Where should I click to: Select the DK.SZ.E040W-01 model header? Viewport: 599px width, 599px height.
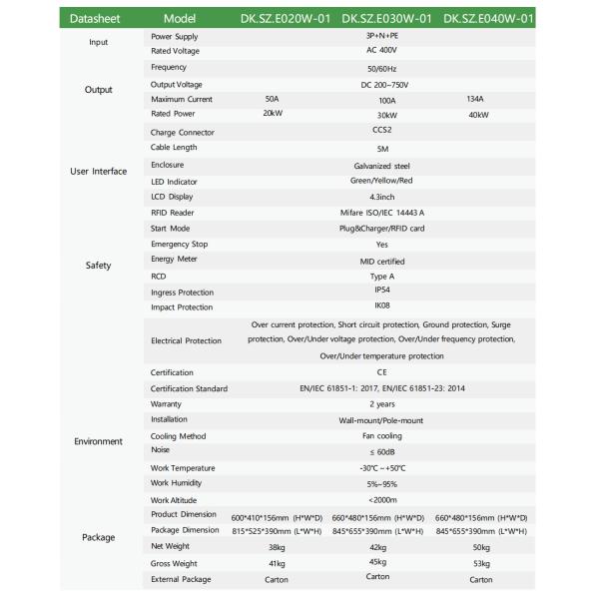click(488, 17)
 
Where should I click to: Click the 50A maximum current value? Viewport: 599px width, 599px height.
click(272, 99)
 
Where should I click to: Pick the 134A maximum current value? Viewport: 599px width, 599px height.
click(474, 99)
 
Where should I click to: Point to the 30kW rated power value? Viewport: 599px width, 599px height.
click(377, 115)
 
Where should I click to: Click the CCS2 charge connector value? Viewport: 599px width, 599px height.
click(378, 131)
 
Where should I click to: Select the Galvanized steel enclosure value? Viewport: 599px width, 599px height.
click(378, 165)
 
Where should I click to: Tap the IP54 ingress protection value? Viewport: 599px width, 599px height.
click(378, 290)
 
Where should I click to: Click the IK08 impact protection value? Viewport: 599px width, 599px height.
click(378, 305)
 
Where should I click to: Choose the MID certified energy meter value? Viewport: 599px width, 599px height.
click(378, 260)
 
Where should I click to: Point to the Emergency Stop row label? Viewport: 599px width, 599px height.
click(180, 244)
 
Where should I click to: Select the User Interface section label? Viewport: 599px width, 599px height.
click(99, 172)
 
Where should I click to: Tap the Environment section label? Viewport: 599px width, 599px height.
click(99, 441)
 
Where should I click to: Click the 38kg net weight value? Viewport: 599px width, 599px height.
click(272, 547)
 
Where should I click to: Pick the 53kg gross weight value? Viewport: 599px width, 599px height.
click(480, 564)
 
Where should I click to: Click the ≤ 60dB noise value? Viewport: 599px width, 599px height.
click(378, 451)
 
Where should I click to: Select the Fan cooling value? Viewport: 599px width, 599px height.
click(378, 436)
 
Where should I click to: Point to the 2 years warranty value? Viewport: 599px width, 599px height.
click(378, 404)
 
